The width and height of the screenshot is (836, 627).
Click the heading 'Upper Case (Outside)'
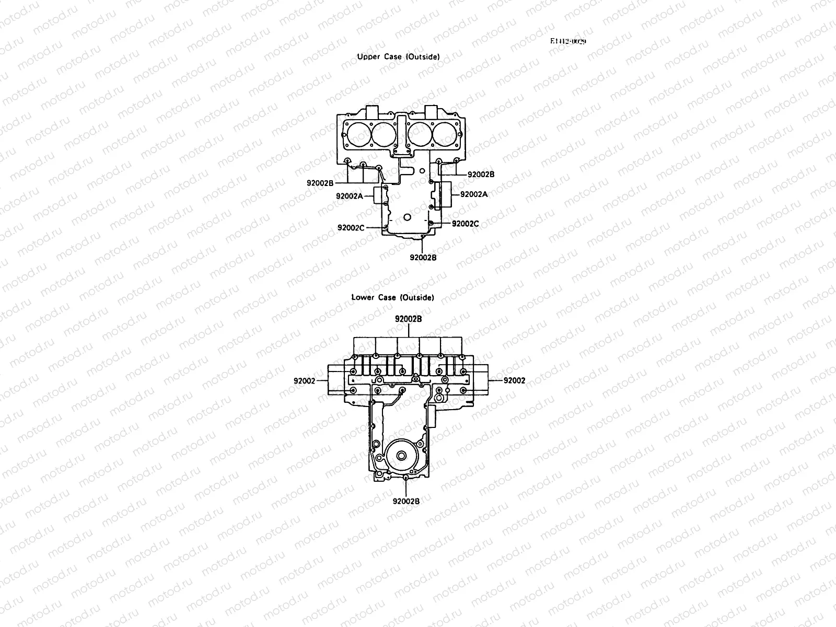(398, 56)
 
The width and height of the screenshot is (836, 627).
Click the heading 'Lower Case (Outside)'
(392, 297)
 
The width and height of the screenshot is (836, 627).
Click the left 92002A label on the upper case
(350, 196)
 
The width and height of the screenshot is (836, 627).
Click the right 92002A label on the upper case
(473, 194)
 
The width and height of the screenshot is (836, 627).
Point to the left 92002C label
(351, 227)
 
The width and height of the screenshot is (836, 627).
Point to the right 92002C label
(465, 224)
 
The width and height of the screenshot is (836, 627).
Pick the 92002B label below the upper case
(423, 257)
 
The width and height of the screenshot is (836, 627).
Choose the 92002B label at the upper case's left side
(320, 183)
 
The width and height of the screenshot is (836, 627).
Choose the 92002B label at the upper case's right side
(481, 174)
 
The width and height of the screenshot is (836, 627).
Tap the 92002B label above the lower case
(408, 319)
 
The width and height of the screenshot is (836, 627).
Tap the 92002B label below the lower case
(406, 501)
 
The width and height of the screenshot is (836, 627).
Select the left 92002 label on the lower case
(305, 381)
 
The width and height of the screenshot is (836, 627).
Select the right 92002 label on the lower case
(514, 381)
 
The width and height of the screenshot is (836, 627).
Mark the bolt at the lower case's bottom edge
(406, 478)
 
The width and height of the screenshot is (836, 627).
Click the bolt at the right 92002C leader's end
(432, 224)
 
